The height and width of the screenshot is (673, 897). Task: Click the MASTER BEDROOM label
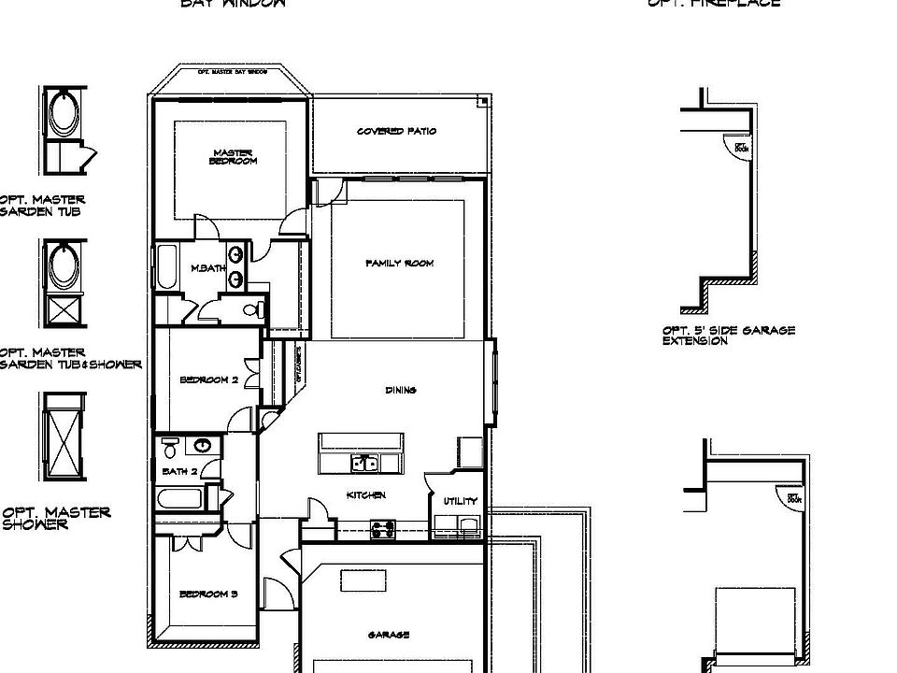point(233,157)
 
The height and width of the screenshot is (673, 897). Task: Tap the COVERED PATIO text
point(396,132)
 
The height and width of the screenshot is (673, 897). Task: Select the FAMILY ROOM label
point(399,264)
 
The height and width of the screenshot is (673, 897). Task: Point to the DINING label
point(401,391)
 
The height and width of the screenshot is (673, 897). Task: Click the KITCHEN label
point(366,495)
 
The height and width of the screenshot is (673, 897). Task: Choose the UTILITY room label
point(461,502)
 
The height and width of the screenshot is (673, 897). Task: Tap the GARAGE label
point(389,636)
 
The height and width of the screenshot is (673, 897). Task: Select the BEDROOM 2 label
point(209,380)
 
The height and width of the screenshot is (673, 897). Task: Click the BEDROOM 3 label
point(208,594)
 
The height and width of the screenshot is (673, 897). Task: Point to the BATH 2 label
point(179,472)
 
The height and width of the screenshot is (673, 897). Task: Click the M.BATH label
point(208,269)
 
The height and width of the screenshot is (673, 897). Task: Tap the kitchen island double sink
point(364,463)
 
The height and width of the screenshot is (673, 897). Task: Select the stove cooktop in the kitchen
point(382,529)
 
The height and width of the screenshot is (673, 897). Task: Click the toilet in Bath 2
point(169,445)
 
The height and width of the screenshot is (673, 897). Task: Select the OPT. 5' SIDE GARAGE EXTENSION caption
point(728,336)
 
